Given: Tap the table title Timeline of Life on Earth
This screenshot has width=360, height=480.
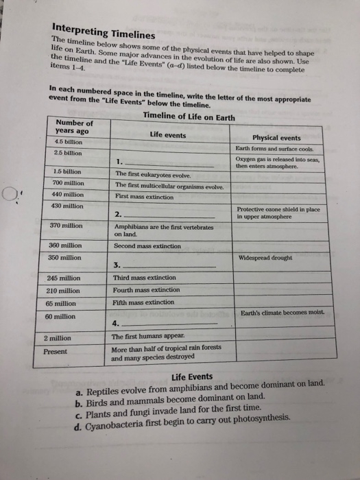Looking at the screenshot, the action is point(190,116).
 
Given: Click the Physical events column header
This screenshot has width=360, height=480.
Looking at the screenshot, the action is point(277,138).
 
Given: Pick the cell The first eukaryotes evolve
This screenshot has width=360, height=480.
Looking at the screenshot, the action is point(152,173).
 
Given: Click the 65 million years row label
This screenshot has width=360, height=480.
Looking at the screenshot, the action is point(61,302).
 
